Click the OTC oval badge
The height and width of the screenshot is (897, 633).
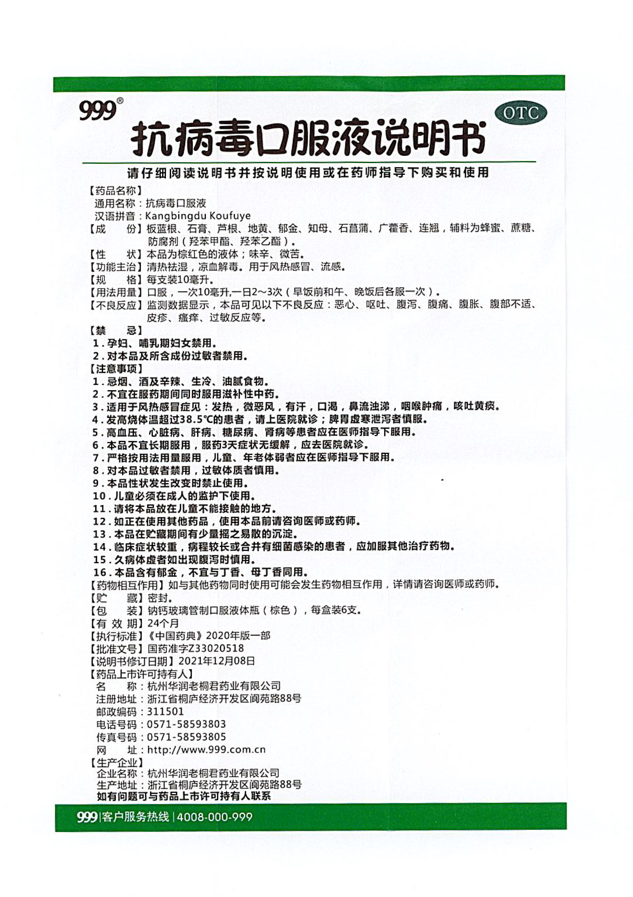click(521, 113)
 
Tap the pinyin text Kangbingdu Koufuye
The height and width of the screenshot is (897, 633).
click(198, 216)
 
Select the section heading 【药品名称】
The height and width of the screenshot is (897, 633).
click(115, 190)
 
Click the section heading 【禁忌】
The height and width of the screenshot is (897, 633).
click(115, 330)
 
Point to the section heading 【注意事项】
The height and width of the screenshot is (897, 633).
click(115, 369)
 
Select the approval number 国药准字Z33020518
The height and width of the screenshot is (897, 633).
click(195, 648)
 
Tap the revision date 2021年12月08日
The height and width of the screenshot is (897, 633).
click(216, 661)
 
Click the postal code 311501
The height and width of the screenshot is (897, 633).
click(165, 712)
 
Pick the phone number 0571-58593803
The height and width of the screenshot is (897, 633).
click(186, 724)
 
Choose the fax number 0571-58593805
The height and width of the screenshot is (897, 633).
click(186, 737)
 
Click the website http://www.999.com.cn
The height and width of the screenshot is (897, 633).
click(206, 750)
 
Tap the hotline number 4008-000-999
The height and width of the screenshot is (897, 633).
click(214, 817)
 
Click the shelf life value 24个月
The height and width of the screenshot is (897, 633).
click(163, 623)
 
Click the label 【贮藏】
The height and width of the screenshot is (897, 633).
click(115, 598)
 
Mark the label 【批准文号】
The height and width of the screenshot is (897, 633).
click(115, 648)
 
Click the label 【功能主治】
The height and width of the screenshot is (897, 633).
click(115, 267)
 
